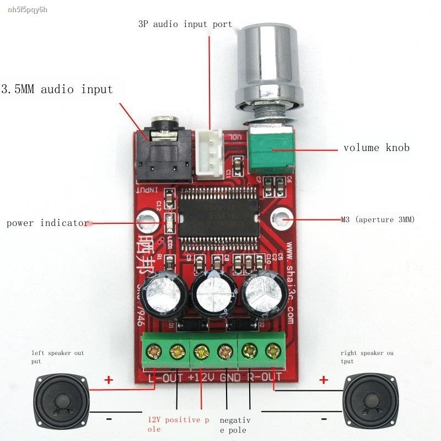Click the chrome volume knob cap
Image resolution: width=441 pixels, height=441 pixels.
click(x=268, y=61)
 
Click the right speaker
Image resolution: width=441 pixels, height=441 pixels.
click(x=369, y=397)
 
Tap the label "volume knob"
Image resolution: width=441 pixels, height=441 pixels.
click(x=377, y=148)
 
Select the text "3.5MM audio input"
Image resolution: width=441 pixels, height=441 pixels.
click(x=57, y=89)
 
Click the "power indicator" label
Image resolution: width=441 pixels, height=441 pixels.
click(x=47, y=223)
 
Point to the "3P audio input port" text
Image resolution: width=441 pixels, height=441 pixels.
click(x=185, y=24)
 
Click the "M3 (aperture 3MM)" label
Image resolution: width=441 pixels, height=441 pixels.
click(x=378, y=219)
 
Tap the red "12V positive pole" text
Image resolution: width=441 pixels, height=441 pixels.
click(x=178, y=424)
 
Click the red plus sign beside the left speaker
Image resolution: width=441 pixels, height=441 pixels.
click(x=109, y=379)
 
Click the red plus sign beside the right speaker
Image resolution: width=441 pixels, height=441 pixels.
click(x=324, y=379)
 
